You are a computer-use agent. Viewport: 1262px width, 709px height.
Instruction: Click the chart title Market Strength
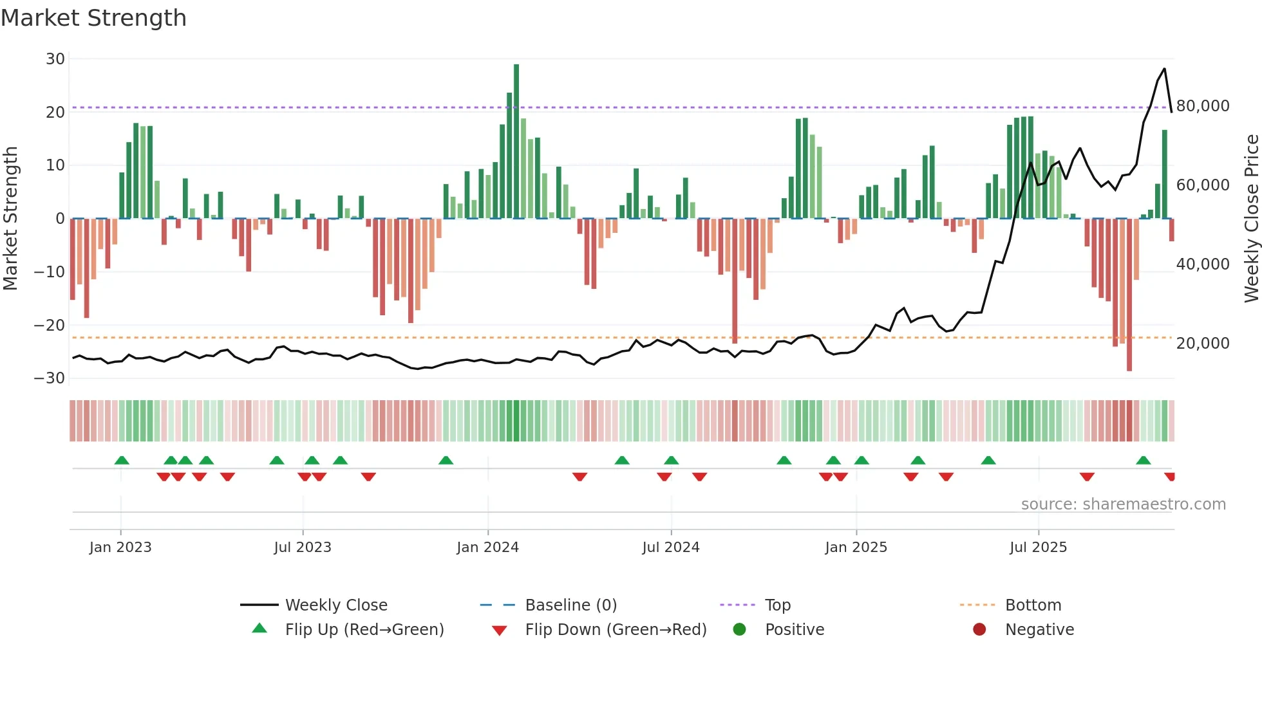click(93, 18)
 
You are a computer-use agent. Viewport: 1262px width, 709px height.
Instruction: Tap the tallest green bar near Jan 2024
click(516, 142)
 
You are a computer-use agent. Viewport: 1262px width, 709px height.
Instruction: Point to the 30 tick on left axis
click(55, 59)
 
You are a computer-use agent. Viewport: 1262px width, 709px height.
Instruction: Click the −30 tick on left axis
click(50, 378)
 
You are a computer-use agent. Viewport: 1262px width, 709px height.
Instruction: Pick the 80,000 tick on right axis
click(1203, 106)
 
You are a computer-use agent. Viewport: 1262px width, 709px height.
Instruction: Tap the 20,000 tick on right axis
click(1203, 344)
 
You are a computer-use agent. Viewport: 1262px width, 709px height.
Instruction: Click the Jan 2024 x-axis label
click(487, 548)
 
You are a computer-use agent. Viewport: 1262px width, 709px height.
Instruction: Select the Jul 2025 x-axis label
click(1038, 548)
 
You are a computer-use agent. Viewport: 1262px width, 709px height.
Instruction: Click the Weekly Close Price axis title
click(1251, 219)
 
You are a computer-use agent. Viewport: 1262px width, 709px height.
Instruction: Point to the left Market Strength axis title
click(10, 219)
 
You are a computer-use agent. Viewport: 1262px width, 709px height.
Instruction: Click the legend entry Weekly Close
click(336, 605)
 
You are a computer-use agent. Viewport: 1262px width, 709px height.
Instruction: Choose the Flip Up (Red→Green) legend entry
click(364, 630)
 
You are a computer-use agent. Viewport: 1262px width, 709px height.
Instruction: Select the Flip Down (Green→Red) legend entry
click(616, 630)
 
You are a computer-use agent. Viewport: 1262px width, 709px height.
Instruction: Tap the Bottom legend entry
click(1033, 605)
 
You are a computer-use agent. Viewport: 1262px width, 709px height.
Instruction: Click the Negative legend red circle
click(979, 630)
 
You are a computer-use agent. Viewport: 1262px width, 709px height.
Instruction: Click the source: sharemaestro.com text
click(1123, 504)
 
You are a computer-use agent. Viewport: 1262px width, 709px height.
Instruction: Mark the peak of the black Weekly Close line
click(1164, 69)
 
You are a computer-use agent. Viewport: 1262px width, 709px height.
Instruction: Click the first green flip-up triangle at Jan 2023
click(122, 460)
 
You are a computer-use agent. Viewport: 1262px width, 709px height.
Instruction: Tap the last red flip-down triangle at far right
click(1170, 477)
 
